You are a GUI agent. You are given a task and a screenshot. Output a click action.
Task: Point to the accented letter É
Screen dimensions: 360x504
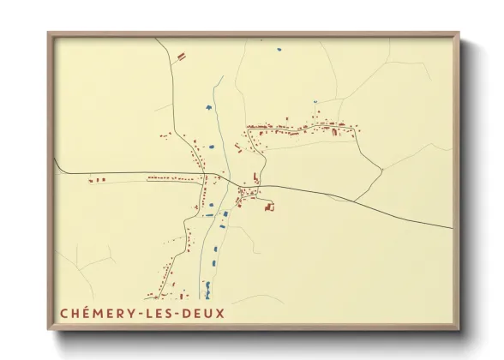pos(84,313)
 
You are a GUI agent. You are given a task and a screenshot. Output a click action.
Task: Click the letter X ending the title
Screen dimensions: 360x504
pos(221,313)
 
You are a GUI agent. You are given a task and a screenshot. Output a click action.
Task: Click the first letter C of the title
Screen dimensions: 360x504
pos(63,313)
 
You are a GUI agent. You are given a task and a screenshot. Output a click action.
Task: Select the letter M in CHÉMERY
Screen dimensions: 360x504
pos(95,313)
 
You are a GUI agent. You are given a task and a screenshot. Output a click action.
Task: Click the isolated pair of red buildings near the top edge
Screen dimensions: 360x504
pos(181,56)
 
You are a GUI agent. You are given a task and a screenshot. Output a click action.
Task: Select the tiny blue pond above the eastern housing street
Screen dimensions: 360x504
pos(315,102)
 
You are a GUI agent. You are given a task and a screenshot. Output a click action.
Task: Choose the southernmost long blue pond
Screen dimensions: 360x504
pos(206,283)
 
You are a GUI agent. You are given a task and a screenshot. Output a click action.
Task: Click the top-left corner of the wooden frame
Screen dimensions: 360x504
pos(49,33)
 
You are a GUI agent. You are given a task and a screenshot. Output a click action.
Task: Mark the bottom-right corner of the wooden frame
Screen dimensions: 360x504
pos(459,328)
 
